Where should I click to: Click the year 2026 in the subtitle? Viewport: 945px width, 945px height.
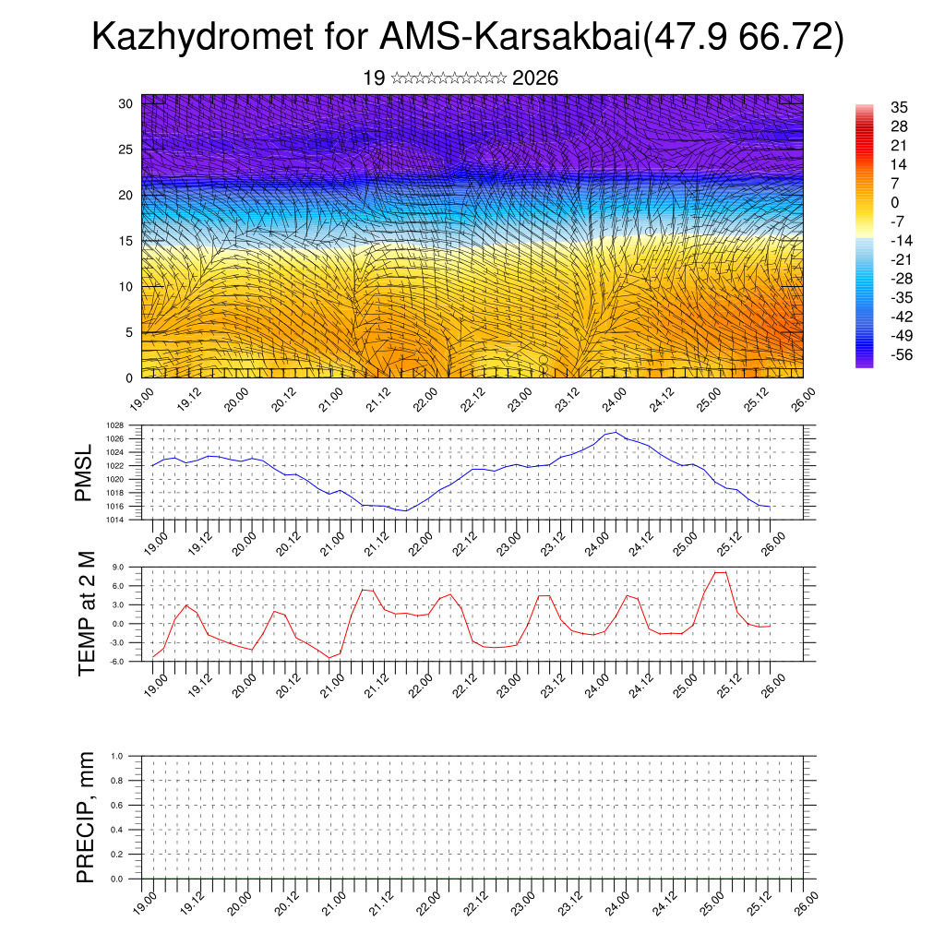535,78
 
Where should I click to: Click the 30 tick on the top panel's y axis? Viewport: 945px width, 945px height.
126,103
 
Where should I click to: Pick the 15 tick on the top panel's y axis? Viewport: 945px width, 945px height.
126,241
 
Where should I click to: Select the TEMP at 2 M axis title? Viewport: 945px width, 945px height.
88,614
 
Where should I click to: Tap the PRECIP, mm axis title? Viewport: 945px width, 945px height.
86,817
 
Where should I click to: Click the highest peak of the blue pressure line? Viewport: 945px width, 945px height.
616,432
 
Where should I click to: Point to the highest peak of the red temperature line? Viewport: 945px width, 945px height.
721,572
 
